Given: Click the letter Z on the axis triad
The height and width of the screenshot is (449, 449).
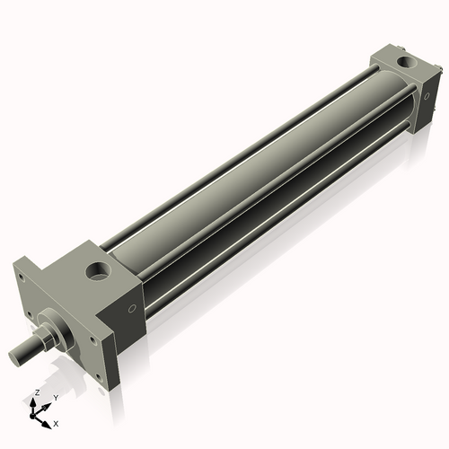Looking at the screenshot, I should coord(36,393).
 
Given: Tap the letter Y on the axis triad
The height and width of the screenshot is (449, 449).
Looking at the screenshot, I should coord(55,397).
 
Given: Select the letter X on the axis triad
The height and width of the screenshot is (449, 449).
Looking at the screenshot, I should coord(57,422).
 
